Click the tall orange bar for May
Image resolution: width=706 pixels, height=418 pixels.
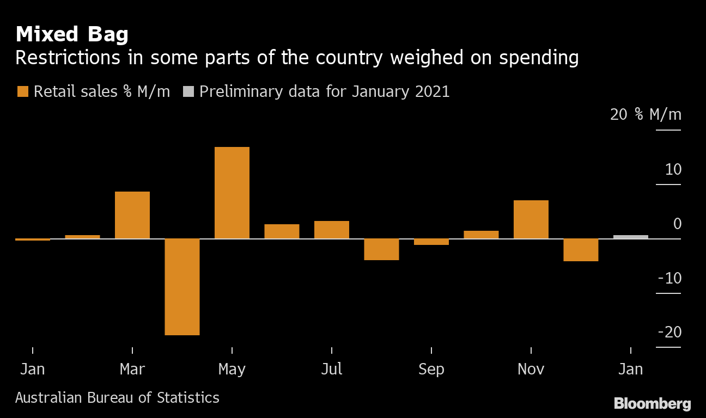click(x=232, y=193)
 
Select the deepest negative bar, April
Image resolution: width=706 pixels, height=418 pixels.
click(x=182, y=287)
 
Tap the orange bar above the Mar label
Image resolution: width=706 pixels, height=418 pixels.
click(x=132, y=215)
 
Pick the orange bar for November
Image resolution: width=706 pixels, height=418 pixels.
click(x=531, y=219)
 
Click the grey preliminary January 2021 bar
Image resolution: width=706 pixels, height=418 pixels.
click(x=631, y=237)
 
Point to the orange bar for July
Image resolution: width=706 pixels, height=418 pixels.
click(x=332, y=230)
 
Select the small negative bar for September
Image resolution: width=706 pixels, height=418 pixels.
click(x=431, y=242)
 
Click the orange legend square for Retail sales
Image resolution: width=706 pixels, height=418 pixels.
click(x=22, y=91)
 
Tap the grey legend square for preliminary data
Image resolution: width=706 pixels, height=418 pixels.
click(x=188, y=91)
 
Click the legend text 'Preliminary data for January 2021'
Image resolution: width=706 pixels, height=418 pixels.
click(x=324, y=91)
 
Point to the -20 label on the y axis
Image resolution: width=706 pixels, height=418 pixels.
click(x=670, y=332)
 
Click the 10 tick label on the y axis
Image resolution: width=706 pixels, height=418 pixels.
click(x=673, y=170)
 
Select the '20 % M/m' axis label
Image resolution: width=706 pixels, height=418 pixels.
click(x=646, y=115)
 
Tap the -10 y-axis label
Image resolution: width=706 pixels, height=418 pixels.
click(x=670, y=278)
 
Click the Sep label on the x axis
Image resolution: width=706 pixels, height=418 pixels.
click(x=431, y=370)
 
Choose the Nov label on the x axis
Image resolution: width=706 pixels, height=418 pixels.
click(x=531, y=370)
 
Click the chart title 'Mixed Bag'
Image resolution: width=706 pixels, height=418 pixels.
click(x=72, y=35)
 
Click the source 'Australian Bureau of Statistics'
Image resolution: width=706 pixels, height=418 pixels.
click(x=117, y=398)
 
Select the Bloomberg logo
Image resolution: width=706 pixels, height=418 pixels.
click(x=652, y=404)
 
